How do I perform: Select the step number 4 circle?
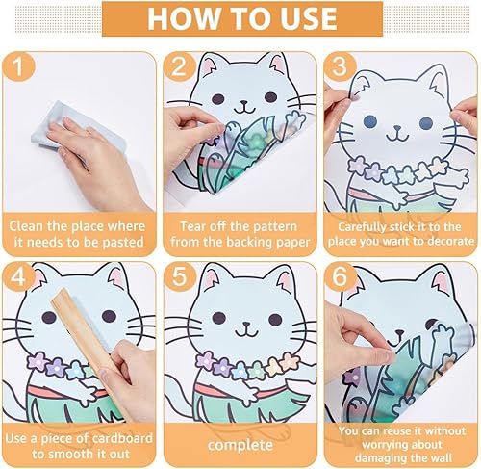point(18,276)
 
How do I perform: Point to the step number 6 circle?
point(340,276)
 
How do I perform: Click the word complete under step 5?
point(240,445)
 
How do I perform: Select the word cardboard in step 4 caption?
point(122,438)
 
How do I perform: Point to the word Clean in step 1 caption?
point(26,226)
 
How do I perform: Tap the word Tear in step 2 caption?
point(191,226)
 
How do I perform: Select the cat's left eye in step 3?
point(370,121)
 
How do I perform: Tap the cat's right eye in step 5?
point(275,319)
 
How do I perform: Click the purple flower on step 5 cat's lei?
point(205,360)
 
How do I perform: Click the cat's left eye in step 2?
point(219,98)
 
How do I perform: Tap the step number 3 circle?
point(340,66)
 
